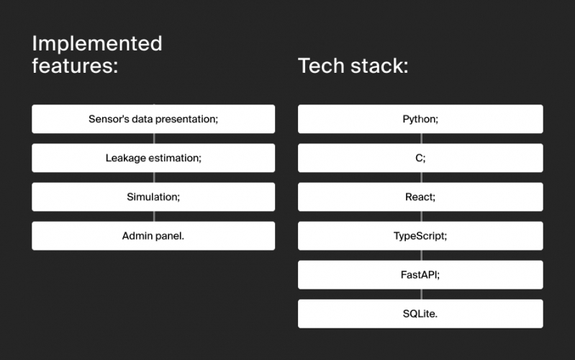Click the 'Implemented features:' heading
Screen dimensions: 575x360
pyautogui.click(x=97, y=54)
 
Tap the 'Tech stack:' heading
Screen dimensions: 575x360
pyautogui.click(x=353, y=66)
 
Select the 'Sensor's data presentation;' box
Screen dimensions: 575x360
pyautogui.click(x=153, y=119)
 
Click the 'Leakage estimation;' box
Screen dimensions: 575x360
pyautogui.click(x=153, y=158)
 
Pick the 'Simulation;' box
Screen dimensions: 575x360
pyautogui.click(x=153, y=197)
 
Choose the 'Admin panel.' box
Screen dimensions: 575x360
pyautogui.click(x=153, y=235)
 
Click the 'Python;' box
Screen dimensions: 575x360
pyautogui.click(x=420, y=119)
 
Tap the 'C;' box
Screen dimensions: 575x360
pyautogui.click(x=420, y=158)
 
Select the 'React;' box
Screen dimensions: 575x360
pyautogui.click(x=420, y=197)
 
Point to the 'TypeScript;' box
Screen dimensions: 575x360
pyautogui.click(x=420, y=235)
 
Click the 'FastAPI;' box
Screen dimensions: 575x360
pyautogui.click(x=420, y=274)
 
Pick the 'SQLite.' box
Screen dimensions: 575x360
pyautogui.click(x=420, y=314)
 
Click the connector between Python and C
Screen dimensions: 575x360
pyautogui.click(x=422, y=138)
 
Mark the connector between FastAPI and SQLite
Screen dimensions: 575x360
pyautogui.click(x=422, y=294)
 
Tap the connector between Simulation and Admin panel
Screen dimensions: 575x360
pyautogui.click(x=154, y=216)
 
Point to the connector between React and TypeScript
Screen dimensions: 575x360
pyautogui.click(x=422, y=216)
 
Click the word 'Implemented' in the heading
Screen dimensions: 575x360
pyautogui.click(x=97, y=44)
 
